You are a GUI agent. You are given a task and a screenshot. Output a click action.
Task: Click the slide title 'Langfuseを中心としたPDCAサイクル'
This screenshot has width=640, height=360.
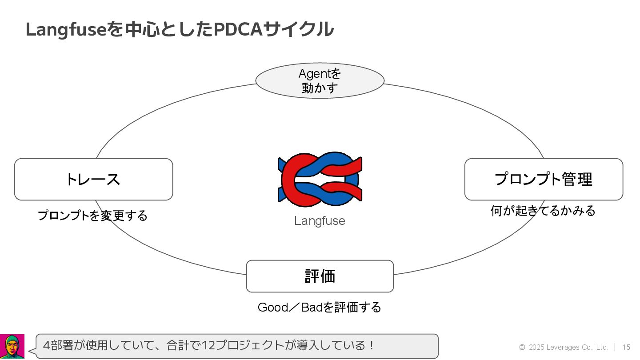point(180,29)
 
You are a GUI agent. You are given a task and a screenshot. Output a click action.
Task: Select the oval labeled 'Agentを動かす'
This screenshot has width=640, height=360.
point(320,80)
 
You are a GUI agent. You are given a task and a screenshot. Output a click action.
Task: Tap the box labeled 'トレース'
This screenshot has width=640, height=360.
point(93,179)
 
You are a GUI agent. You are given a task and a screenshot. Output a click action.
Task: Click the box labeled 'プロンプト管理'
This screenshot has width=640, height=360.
point(544,179)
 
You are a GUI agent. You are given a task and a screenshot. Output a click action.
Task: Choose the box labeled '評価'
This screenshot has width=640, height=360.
point(320,276)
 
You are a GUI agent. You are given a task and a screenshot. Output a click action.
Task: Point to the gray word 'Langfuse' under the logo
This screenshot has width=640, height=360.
point(320,221)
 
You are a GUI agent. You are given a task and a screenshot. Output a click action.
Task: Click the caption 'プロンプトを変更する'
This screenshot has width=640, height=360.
point(92,216)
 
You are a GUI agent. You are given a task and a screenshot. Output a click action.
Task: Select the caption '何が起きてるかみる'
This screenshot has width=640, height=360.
point(543,210)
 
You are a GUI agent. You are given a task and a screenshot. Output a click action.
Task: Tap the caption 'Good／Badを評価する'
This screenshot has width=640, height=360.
point(320,307)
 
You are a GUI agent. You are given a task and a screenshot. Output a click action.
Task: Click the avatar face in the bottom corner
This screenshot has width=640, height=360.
point(12,346)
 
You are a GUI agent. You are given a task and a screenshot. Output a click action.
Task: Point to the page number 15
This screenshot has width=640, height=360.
point(626,347)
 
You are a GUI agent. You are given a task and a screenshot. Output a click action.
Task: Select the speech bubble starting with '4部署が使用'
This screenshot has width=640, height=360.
point(237,346)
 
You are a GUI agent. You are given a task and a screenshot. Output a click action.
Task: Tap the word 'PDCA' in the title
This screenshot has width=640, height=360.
point(238,29)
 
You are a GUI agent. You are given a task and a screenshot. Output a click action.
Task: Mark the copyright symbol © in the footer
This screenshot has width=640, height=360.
point(522,347)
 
